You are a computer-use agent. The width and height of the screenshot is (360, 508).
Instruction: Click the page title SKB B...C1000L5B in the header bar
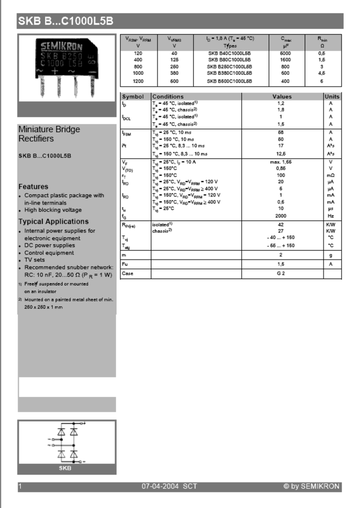click(x=66, y=21)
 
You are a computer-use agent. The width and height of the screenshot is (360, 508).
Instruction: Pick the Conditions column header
click(x=168, y=97)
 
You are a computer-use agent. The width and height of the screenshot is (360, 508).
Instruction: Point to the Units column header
click(x=332, y=97)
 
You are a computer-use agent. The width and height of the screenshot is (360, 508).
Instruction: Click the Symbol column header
click(x=133, y=97)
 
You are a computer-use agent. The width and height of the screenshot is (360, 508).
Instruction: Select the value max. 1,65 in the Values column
click(x=281, y=162)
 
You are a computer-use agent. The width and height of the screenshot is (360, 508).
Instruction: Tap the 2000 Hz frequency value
click(x=281, y=216)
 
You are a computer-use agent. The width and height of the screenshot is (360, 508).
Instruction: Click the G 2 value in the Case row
click(x=281, y=274)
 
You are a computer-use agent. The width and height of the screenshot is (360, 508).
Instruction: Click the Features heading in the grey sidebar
click(x=33, y=187)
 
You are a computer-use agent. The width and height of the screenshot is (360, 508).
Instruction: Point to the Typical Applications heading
click(x=54, y=222)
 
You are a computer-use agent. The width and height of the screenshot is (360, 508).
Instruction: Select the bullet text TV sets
click(x=34, y=260)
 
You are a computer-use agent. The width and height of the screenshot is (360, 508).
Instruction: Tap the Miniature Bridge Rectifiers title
click(x=49, y=134)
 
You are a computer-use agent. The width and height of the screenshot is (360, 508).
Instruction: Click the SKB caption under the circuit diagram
click(x=65, y=468)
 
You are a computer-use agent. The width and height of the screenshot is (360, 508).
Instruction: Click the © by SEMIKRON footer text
click(x=311, y=487)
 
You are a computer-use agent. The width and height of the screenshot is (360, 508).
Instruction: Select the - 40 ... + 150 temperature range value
click(x=281, y=238)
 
